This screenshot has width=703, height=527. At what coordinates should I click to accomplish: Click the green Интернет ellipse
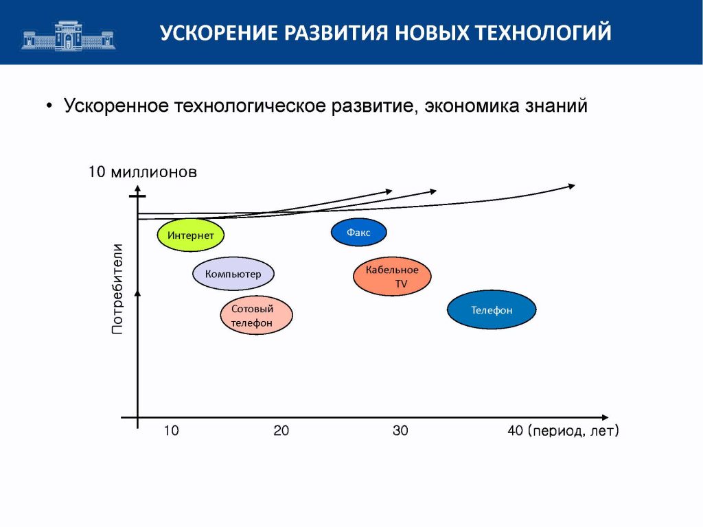[191, 235]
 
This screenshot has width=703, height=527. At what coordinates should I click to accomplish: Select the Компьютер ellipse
[233, 274]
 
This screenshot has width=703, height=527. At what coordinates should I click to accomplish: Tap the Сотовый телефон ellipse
[257, 315]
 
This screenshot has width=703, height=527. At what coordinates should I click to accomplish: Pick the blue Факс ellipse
[358, 232]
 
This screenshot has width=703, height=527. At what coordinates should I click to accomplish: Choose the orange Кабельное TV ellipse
[392, 276]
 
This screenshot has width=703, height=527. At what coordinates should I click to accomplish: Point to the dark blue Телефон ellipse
[492, 309]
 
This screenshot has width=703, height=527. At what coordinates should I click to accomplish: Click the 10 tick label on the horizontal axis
[171, 431]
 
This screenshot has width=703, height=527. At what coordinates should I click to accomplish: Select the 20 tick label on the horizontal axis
[281, 431]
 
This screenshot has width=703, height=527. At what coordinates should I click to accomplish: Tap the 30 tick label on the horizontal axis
[400, 431]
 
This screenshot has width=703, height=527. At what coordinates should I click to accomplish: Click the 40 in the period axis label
[516, 431]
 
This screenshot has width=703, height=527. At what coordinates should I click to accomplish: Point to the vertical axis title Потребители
[117, 289]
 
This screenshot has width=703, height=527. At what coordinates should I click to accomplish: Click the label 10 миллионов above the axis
[143, 172]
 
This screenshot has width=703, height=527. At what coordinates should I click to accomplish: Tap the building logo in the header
[68, 36]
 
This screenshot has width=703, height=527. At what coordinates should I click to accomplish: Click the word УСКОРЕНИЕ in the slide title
[218, 33]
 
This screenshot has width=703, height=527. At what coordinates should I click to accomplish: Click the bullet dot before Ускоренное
[49, 106]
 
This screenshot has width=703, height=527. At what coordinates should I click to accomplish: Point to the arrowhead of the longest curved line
[572, 186]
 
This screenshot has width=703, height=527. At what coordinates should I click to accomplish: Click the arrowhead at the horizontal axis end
[605, 417]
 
